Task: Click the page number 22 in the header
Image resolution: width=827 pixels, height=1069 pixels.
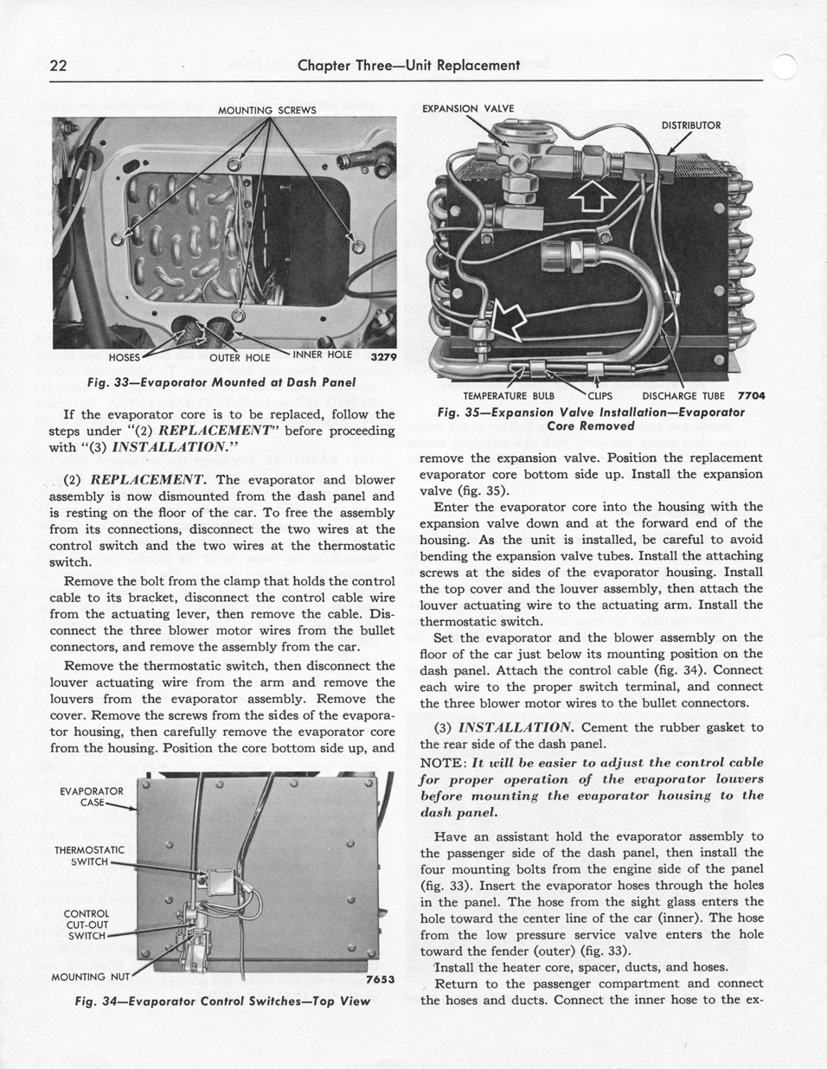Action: click(59, 66)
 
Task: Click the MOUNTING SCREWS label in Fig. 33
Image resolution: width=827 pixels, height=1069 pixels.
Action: click(266, 110)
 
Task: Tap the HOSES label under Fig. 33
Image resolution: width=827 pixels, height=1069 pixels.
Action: click(125, 356)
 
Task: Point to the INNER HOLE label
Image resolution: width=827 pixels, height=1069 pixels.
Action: click(322, 354)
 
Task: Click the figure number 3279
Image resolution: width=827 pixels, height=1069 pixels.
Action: click(382, 356)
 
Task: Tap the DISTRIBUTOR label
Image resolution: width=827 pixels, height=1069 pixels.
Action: click(690, 125)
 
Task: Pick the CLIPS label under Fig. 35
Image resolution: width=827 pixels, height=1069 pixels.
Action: click(599, 396)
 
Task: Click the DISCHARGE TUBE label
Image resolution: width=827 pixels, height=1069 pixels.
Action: click(683, 396)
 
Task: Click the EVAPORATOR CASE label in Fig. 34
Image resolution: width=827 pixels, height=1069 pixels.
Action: click(91, 796)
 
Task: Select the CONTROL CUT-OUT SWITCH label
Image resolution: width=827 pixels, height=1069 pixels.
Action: click(87, 924)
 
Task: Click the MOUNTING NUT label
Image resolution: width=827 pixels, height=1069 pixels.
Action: click(90, 977)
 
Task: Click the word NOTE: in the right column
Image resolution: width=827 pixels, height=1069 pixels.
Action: click(444, 763)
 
